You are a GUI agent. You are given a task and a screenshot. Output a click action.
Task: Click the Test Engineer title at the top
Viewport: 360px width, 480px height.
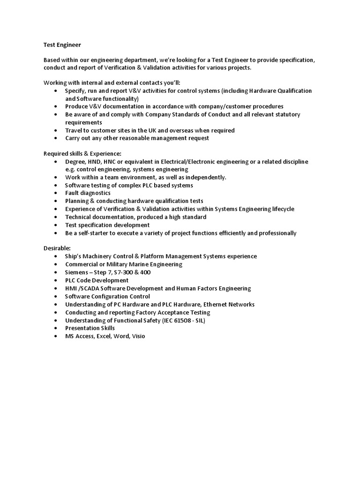point(62,45)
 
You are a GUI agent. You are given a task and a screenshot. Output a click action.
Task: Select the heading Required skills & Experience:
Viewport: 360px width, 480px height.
point(82,153)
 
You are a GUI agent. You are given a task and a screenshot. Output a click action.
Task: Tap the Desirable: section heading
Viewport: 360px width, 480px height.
point(57,248)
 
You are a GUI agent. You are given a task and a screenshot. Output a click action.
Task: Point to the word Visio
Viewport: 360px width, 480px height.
point(139,336)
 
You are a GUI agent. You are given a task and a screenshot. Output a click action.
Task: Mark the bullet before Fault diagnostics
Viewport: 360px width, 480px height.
point(56,193)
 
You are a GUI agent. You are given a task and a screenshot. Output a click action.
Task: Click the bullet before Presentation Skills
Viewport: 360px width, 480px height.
point(56,328)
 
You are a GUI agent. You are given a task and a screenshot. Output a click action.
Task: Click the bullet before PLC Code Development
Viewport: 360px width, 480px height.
point(56,280)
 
